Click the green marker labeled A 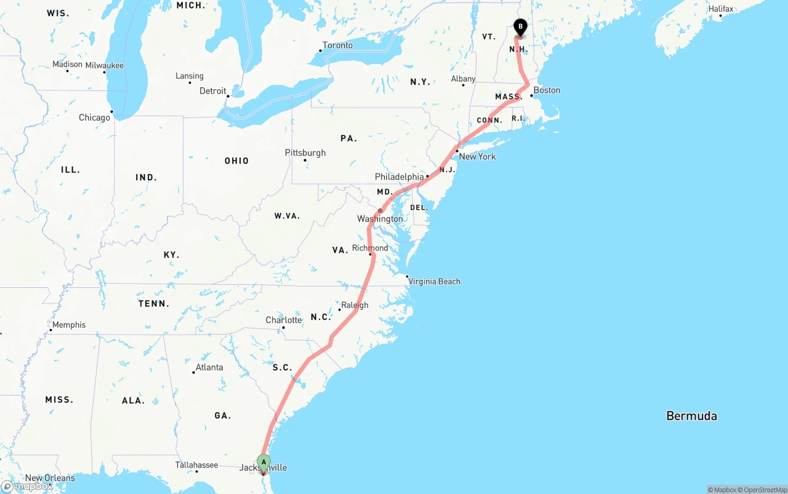coord(263,463)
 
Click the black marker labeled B coord(520,27)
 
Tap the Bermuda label coord(691,416)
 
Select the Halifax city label coord(720,9)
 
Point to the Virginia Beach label coord(434,282)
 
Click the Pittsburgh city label coord(305,153)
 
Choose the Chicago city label coord(94,118)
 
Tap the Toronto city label coord(337,46)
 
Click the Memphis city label coord(69,325)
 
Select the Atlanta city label coord(209,368)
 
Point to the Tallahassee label coord(196,466)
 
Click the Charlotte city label coord(284,321)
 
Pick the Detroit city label coord(213,91)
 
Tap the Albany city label coord(463,79)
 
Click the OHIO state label coord(236,161)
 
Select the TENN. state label coord(153,304)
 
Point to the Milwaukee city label coord(105,66)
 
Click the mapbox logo coord(27,487)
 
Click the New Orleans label coord(50,478)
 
